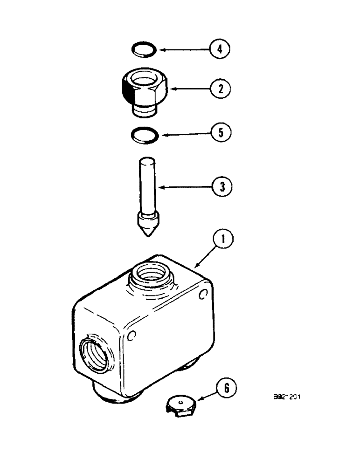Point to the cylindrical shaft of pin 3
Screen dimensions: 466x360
[147, 182]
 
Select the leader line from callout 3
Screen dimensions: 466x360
[182, 187]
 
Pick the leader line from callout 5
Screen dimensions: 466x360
[184, 134]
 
